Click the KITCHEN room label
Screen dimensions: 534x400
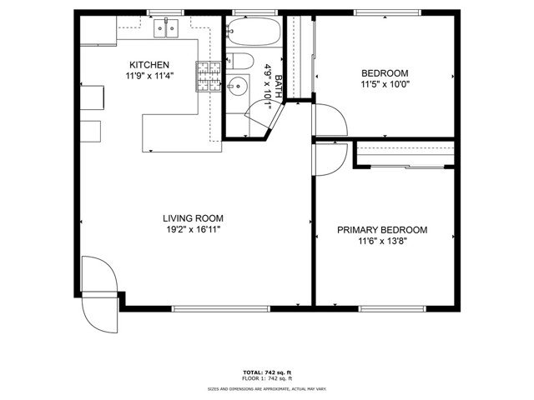click(149, 65)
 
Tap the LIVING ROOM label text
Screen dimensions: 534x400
click(193, 218)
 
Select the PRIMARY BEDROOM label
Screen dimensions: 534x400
click(382, 230)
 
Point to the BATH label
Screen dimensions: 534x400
click(278, 87)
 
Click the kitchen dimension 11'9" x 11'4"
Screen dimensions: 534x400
click(149, 76)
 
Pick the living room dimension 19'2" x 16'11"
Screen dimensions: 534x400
click(194, 230)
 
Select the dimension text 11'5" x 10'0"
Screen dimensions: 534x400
click(385, 84)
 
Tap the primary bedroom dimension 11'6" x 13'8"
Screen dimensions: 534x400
click(382, 241)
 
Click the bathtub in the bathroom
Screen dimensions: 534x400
click(254, 32)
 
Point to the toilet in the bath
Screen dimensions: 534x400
click(240, 61)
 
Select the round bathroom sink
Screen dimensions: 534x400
click(237, 86)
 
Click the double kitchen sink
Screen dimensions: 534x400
click(166, 28)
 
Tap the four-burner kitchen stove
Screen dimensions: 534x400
click(209, 77)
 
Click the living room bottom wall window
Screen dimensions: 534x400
click(220, 309)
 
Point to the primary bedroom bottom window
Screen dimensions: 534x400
click(392, 309)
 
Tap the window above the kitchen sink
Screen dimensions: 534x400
click(165, 12)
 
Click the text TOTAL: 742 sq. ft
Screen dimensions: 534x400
click(267, 372)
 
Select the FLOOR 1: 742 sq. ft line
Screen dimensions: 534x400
click(267, 378)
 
